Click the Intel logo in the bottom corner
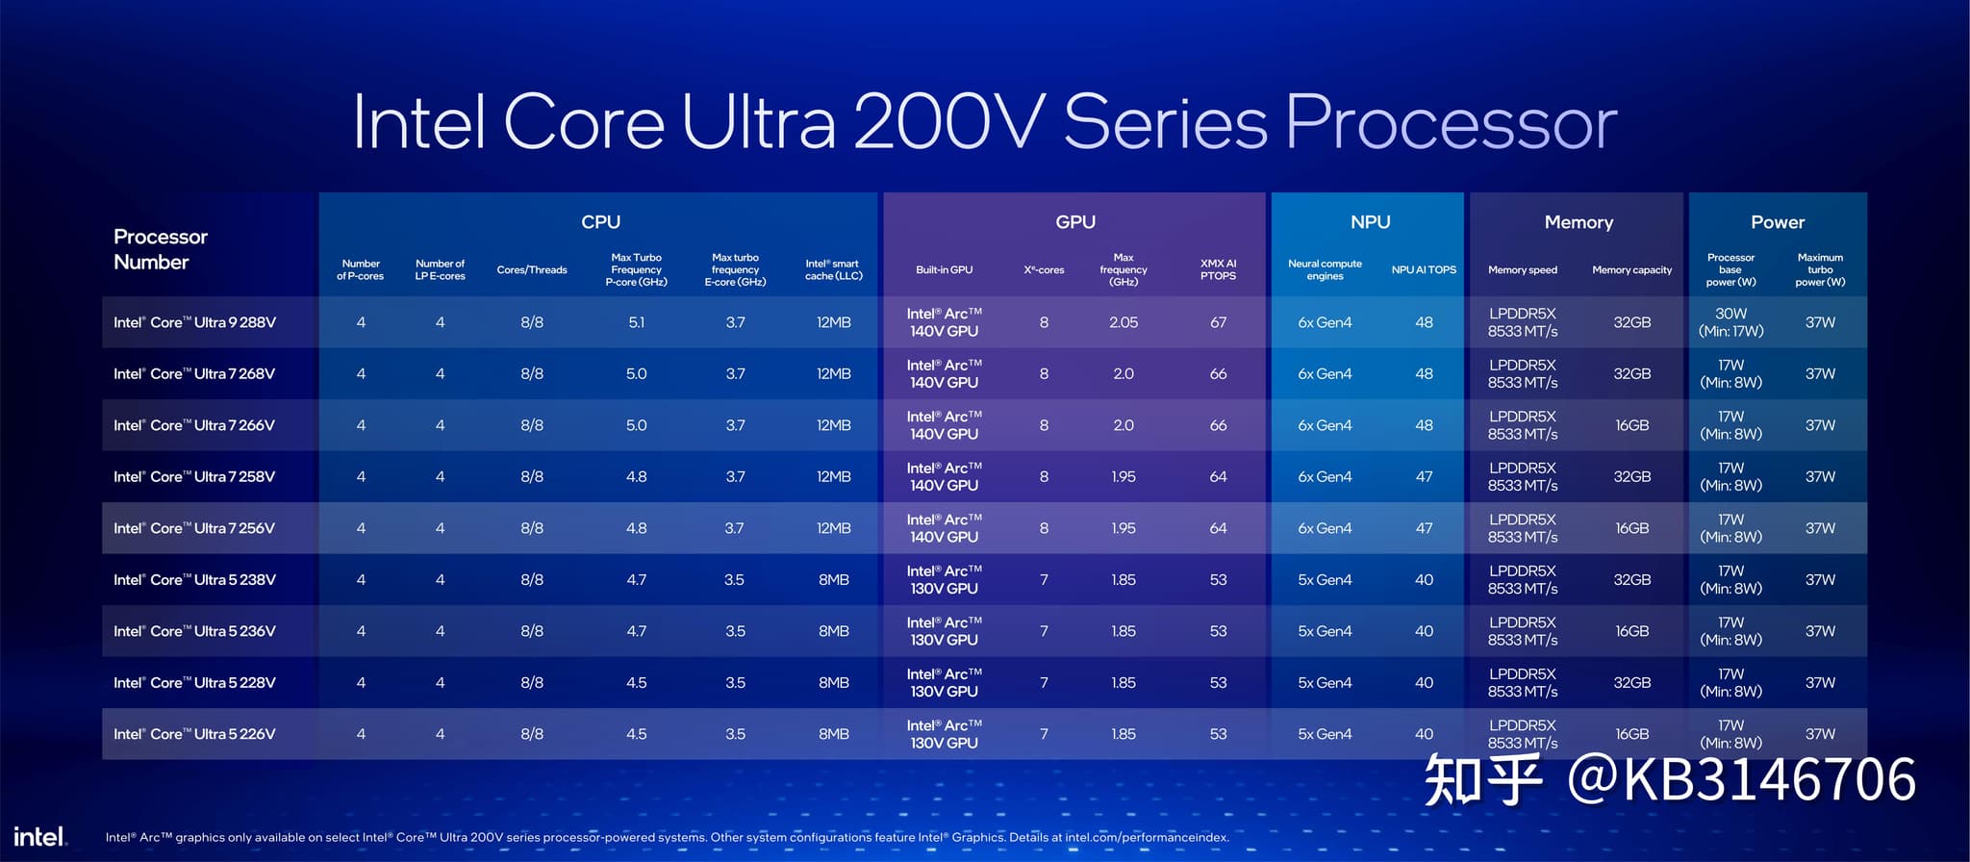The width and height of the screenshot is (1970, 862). (39, 836)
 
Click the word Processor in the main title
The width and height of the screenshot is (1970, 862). (1452, 122)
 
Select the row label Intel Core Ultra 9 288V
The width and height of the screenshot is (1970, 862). (194, 322)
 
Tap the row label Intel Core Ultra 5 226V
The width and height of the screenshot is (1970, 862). (194, 734)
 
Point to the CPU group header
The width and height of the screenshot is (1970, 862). (600, 222)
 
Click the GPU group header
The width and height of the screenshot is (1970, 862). (1075, 222)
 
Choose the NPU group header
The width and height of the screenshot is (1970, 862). (1370, 222)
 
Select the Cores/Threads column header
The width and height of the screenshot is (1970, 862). (532, 270)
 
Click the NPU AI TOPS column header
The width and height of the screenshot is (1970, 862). (1424, 270)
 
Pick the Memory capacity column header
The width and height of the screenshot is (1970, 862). (1631, 270)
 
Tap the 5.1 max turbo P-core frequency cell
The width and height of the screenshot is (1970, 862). (637, 322)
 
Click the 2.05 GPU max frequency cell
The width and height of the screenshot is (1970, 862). (1124, 322)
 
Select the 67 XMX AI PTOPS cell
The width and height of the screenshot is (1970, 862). (1218, 322)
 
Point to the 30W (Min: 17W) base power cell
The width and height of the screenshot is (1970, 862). (1730, 322)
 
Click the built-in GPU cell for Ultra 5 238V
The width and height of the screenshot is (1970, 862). (944, 580)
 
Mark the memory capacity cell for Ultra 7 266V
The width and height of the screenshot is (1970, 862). (1631, 425)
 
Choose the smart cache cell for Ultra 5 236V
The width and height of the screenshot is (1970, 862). (834, 631)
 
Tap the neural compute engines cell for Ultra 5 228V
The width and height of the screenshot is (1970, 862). (1325, 683)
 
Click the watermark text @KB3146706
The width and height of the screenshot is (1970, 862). (1742, 779)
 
